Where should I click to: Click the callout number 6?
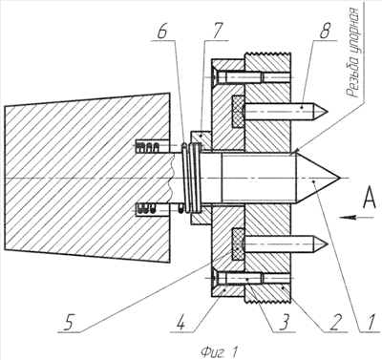pyautogui.click(x=161, y=32)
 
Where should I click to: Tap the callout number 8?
pyautogui.click(x=325, y=32)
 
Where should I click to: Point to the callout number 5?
pyautogui.click(x=70, y=323)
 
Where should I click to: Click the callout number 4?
pyautogui.click(x=180, y=323)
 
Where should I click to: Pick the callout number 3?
pyautogui.click(x=283, y=323)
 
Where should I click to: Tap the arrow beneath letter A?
pyautogui.click(x=357, y=218)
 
